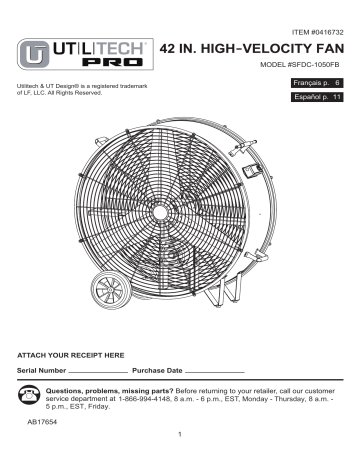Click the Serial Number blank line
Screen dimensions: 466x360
(x=98, y=372)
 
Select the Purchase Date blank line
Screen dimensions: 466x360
(x=216, y=372)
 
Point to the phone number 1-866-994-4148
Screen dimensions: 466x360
(x=166, y=398)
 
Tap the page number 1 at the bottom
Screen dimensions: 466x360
(x=177, y=447)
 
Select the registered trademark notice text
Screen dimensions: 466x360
(x=64, y=96)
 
